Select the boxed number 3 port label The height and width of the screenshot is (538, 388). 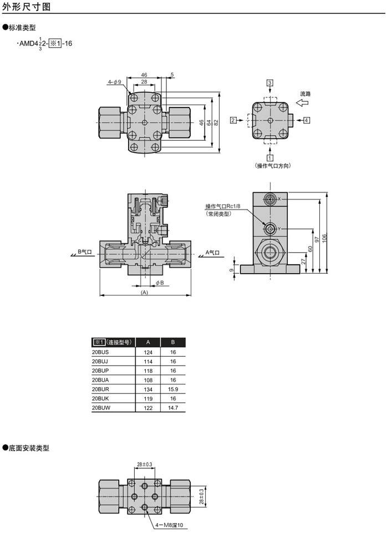pos(270,83)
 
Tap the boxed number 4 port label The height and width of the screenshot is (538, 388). pos(307,120)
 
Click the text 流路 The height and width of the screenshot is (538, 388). pos(305,94)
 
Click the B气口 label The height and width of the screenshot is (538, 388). pos(85,252)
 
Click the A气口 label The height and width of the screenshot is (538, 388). pos(213,252)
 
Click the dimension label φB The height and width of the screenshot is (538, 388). pos(159,283)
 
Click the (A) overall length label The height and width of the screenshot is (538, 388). pos(145,292)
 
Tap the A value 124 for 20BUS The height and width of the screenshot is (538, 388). pos(148,352)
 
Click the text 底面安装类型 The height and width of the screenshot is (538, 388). pos(29,448)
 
